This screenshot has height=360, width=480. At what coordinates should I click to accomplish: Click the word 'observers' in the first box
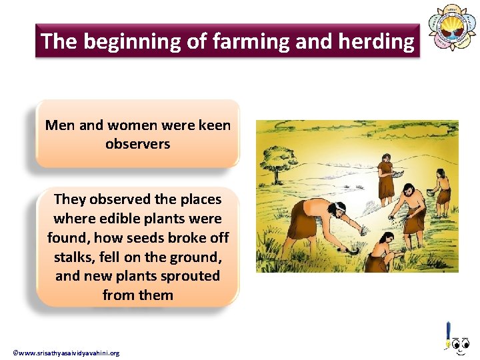pyautogui.click(x=137, y=143)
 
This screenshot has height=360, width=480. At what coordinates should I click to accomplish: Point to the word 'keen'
pyautogui.click(x=215, y=125)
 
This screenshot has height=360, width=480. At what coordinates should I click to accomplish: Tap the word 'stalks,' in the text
pyautogui.click(x=74, y=257)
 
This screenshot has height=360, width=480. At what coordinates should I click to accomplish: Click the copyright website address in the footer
pyautogui.click(x=66, y=353)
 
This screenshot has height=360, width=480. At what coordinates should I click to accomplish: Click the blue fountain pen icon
pyautogui.click(x=449, y=334)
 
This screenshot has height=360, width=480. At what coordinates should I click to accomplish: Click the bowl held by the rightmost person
pyautogui.click(x=429, y=193)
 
